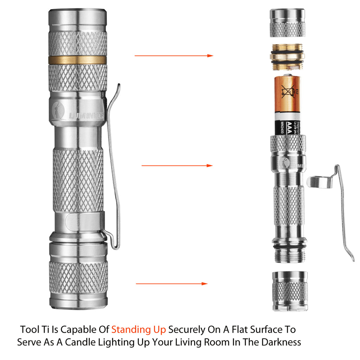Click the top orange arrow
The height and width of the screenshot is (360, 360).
pos(174,56)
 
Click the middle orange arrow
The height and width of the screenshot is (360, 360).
pos(177,165)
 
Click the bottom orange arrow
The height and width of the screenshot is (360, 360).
pos(172,284)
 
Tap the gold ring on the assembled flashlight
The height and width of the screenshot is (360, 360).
pos(77,59)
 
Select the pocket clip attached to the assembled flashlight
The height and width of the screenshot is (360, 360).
pos(113,165)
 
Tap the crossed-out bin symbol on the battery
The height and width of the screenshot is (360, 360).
pos(287,92)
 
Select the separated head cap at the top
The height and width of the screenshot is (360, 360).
pos(287,23)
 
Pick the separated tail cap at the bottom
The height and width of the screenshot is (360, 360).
pos(289,292)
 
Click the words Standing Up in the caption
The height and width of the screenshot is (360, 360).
pos(139,330)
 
